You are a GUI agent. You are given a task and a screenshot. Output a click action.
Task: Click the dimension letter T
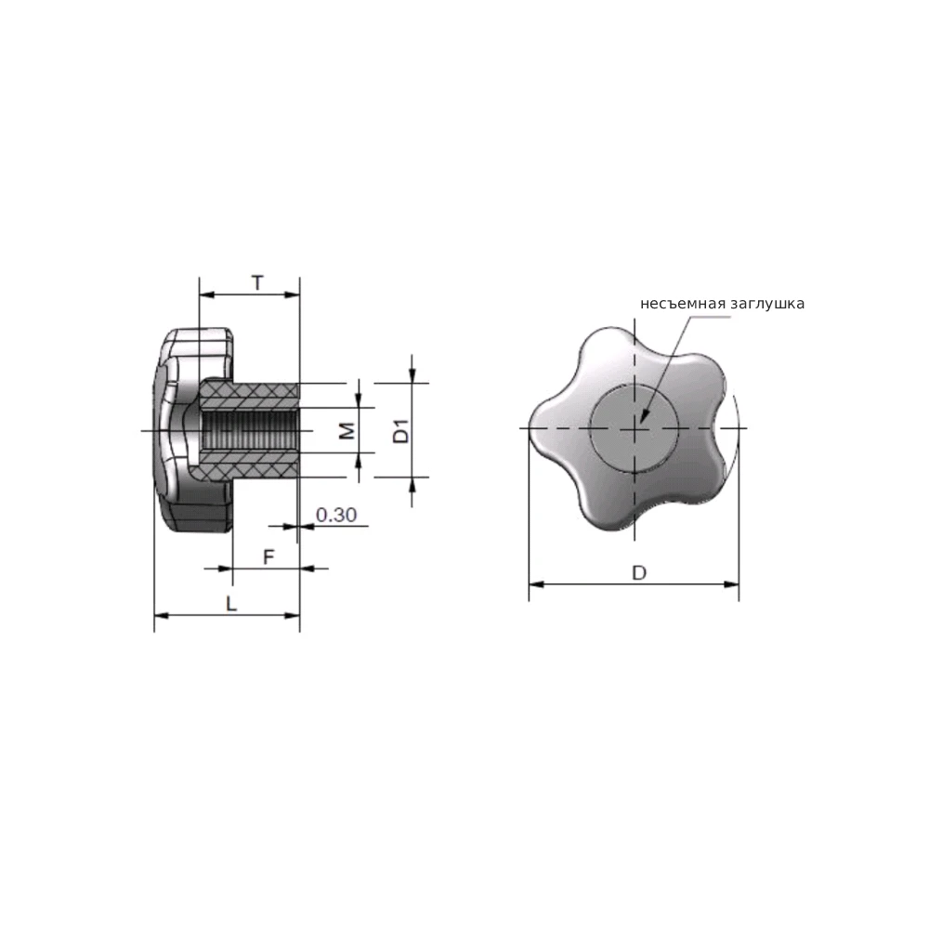pyautogui.click(x=257, y=283)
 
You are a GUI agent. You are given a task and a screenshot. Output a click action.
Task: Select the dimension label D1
pyautogui.click(x=401, y=431)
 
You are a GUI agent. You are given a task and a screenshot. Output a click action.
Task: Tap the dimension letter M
pyautogui.click(x=347, y=431)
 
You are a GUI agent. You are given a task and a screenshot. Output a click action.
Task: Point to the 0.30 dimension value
pyautogui.click(x=336, y=515)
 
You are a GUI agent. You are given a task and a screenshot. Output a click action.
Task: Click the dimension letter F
pyautogui.click(x=268, y=556)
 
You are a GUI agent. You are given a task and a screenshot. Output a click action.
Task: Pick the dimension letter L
pyautogui.click(x=231, y=604)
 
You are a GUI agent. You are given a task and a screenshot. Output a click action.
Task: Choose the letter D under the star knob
pyautogui.click(x=639, y=573)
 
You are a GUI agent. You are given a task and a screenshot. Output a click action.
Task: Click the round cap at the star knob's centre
pyautogui.click(x=634, y=427)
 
